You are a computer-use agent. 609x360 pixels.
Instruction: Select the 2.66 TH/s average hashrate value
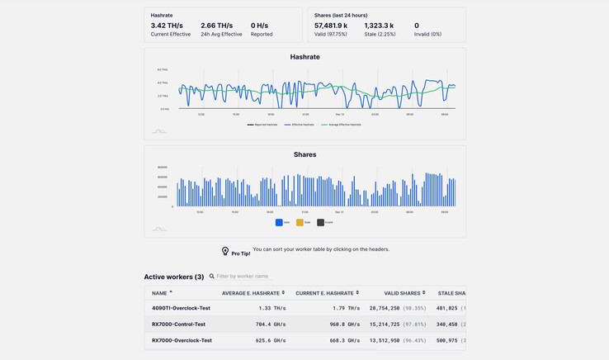(220, 26)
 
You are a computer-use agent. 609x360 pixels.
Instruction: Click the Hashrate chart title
(304, 57)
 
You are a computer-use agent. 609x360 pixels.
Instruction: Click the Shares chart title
(304, 154)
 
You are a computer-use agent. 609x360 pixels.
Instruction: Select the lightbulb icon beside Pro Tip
(225, 251)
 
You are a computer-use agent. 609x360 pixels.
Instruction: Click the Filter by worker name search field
(243, 277)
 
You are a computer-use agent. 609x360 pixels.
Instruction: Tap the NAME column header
(159, 293)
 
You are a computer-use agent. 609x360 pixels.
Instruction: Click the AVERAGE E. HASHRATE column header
(251, 293)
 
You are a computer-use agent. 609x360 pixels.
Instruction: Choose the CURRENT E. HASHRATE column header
(325, 293)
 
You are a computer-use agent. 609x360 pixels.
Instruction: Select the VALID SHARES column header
(402, 293)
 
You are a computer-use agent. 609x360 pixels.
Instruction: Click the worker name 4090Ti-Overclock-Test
(181, 308)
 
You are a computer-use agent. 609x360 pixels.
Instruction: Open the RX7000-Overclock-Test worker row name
(182, 340)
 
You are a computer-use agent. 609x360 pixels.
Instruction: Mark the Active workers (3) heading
(174, 277)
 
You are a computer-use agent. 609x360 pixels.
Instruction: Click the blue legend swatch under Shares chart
(279, 222)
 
